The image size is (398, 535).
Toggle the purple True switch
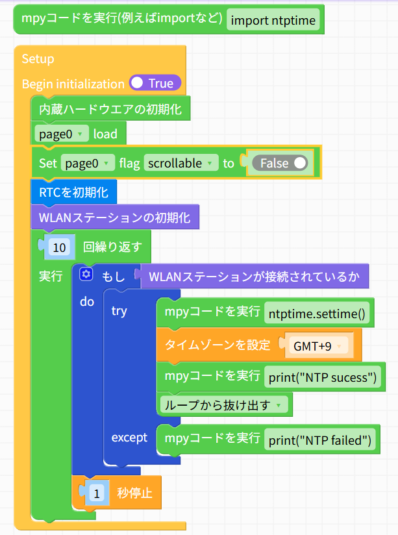tap(155, 83)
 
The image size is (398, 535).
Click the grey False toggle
tap(280, 163)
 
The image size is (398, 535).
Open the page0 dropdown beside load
tap(62, 134)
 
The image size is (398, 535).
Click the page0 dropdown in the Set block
tap(88, 163)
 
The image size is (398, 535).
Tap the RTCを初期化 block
tap(74, 192)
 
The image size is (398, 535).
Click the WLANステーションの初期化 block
tap(115, 218)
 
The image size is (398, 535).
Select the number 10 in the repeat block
tap(59, 247)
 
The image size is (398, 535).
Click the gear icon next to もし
tap(86, 274)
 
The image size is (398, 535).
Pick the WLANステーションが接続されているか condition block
tap(255, 277)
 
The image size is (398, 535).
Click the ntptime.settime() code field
tap(317, 313)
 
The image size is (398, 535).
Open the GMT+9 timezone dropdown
tap(317, 346)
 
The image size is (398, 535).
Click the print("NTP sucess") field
tap(323, 377)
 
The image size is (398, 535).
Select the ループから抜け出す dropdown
tap(224, 404)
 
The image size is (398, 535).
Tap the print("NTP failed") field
tap(320, 440)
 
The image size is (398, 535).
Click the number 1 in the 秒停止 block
tap(97, 493)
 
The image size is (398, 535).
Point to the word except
tap(129, 438)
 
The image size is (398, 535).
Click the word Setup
tap(38, 58)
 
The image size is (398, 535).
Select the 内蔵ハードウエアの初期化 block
tap(110, 108)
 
